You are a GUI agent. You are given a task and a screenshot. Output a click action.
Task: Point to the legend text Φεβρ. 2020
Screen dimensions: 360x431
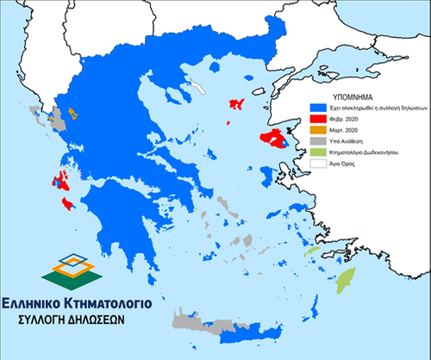pyautogui.click(x=343, y=120)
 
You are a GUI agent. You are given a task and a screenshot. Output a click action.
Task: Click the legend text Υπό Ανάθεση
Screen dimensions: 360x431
pyautogui.click(x=346, y=140)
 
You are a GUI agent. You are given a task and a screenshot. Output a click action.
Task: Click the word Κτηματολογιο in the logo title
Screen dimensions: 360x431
pyautogui.click(x=112, y=303)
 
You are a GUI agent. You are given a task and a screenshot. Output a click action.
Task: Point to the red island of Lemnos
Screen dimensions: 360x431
pyautogui.click(x=234, y=104)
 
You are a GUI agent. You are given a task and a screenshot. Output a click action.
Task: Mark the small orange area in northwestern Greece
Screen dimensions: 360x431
pyautogui.click(x=72, y=113)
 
